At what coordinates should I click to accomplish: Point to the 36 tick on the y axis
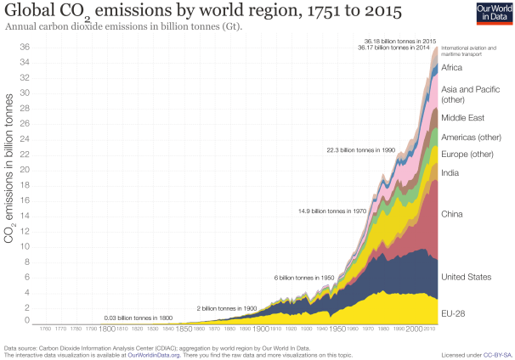[x=26, y=48]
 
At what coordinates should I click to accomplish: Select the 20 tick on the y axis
[x=26, y=170]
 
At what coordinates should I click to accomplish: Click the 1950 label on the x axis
[x=337, y=328]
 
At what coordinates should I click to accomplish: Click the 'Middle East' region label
[x=464, y=118]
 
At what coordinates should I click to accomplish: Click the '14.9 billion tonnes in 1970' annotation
[x=332, y=210]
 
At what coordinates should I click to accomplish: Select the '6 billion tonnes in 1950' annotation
[x=303, y=278]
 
